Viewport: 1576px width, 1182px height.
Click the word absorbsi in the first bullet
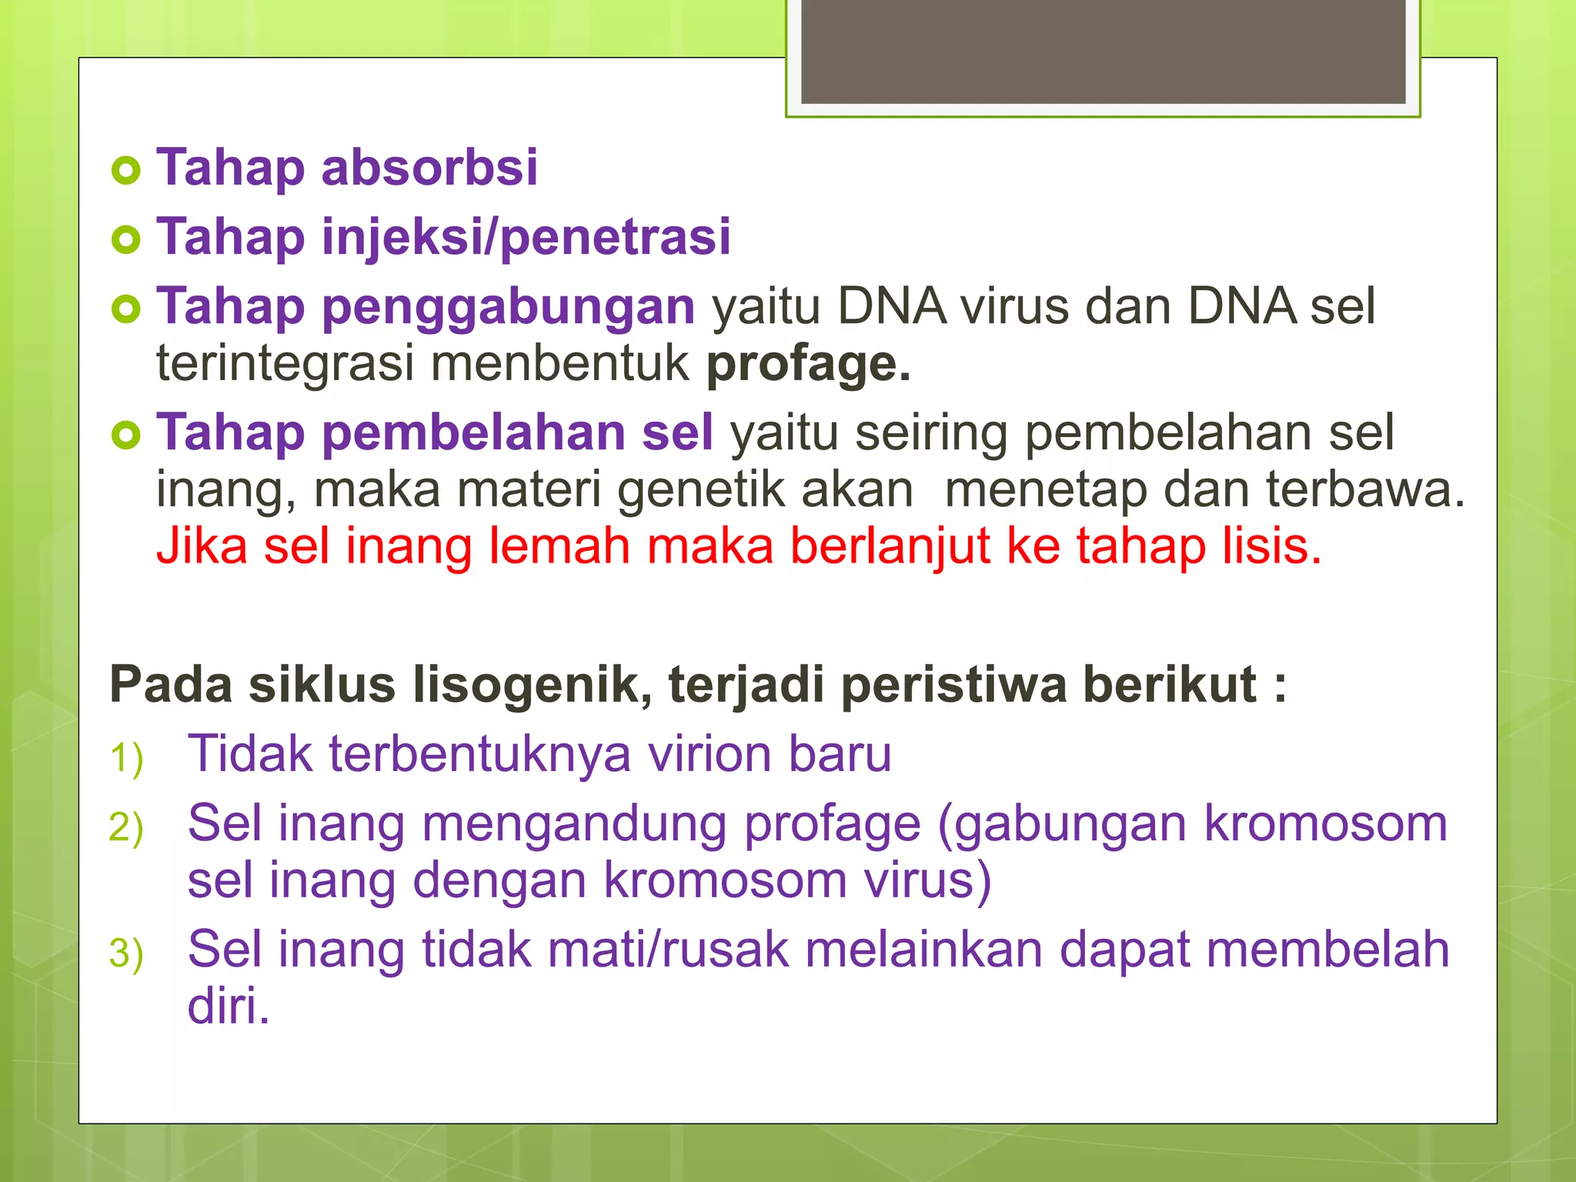click(x=429, y=168)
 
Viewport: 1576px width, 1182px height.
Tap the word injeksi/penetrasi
click(x=526, y=237)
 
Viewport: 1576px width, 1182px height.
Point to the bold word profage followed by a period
click(x=808, y=364)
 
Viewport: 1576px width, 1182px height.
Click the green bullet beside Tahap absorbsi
click(x=126, y=170)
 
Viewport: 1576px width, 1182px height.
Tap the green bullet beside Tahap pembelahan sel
click(x=126, y=436)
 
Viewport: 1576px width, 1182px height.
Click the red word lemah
click(x=559, y=546)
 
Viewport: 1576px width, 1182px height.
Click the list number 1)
click(x=127, y=758)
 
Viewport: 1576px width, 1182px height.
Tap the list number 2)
click(x=127, y=828)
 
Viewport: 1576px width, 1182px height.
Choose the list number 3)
click(x=127, y=953)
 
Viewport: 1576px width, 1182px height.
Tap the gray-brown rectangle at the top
click(x=1103, y=51)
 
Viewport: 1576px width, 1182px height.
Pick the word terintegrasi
click(x=285, y=364)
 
